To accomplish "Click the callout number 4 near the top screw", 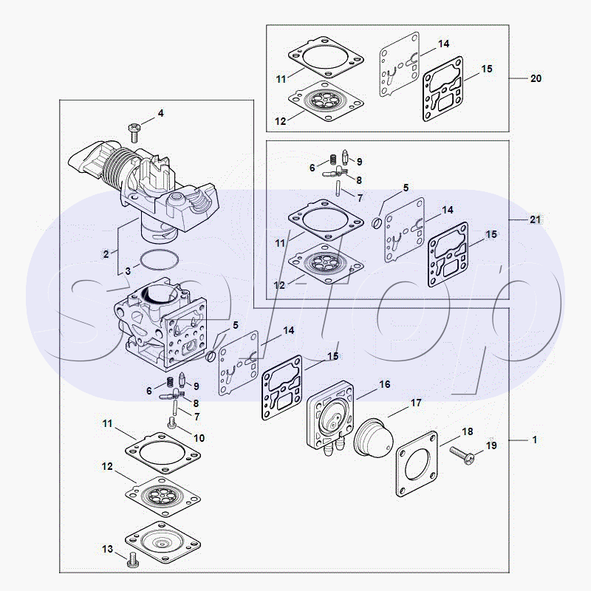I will (x=160, y=113).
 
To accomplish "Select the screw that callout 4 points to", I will (x=134, y=131).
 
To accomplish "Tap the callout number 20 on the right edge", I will (x=536, y=78).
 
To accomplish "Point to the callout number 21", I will (x=536, y=220).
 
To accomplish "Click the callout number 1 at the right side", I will (x=534, y=440).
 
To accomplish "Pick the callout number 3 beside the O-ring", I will (x=127, y=271).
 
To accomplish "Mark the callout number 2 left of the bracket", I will (x=106, y=253).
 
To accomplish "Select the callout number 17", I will (x=416, y=403).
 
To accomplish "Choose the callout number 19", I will (x=491, y=445).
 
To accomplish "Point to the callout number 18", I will (x=467, y=431).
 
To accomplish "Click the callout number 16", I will (x=384, y=385).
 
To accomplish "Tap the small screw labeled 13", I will (x=134, y=560).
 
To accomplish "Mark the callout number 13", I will (x=108, y=549).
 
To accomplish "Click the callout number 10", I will (x=199, y=438).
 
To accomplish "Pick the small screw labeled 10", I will (x=172, y=423).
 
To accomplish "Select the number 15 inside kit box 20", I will (x=486, y=69).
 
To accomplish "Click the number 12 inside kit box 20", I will (x=281, y=120).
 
